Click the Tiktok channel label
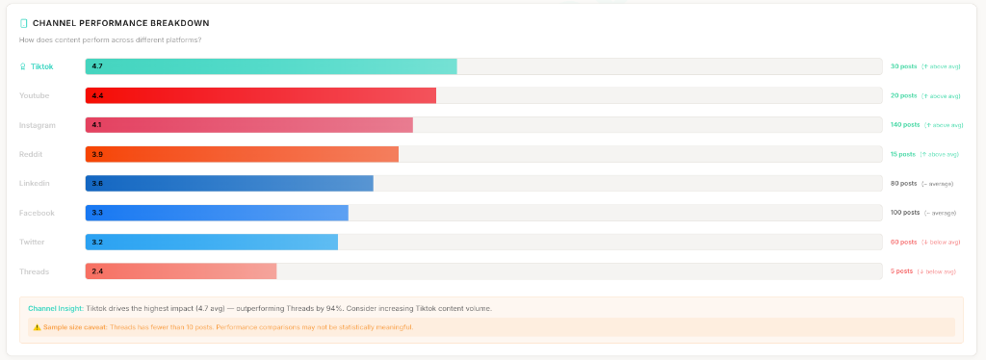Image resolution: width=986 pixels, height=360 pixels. [x=41, y=66]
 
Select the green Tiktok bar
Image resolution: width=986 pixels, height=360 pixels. [x=271, y=66]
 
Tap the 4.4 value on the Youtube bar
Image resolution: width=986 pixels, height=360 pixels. [x=97, y=96]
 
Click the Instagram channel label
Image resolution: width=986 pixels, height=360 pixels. [x=38, y=125]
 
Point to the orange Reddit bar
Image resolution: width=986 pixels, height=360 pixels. [x=242, y=154]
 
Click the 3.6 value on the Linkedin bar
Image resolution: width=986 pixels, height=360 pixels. [x=97, y=184]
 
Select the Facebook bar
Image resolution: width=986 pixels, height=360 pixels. [x=217, y=213]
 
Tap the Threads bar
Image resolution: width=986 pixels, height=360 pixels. [x=181, y=271]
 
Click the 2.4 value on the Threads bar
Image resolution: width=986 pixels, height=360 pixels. [x=97, y=271]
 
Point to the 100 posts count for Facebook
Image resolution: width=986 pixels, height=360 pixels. [x=905, y=213]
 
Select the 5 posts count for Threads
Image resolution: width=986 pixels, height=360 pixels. [x=901, y=271]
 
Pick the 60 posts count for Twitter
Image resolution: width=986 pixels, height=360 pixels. [x=903, y=242]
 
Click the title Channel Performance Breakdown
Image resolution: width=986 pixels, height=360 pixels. [x=120, y=22]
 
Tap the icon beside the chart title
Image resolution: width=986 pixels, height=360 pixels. [x=24, y=22]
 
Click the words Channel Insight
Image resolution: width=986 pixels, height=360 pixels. [x=56, y=308]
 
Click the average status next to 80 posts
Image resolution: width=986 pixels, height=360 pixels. [x=940, y=184]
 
